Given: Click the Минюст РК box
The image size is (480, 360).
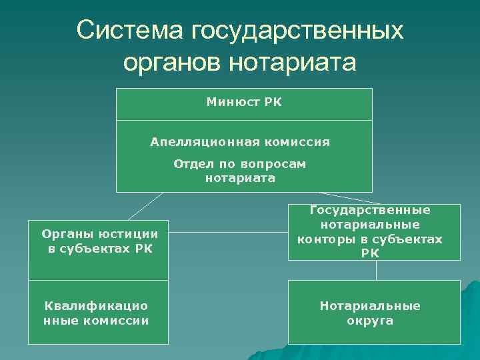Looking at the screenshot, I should click(x=244, y=103).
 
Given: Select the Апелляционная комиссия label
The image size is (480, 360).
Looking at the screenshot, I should click(x=240, y=142).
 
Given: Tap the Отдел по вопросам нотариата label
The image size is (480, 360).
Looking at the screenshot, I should click(x=240, y=171).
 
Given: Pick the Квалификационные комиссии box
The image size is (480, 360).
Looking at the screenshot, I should click(x=98, y=313).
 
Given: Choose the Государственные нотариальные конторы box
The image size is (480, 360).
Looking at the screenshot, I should click(x=374, y=231).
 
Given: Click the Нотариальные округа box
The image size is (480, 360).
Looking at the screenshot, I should click(x=374, y=312).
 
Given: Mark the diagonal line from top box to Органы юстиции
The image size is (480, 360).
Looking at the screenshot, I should click(x=145, y=205).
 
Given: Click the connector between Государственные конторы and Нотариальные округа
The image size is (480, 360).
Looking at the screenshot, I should click(x=377, y=269).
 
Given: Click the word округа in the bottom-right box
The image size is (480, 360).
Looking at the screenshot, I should click(x=370, y=321).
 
